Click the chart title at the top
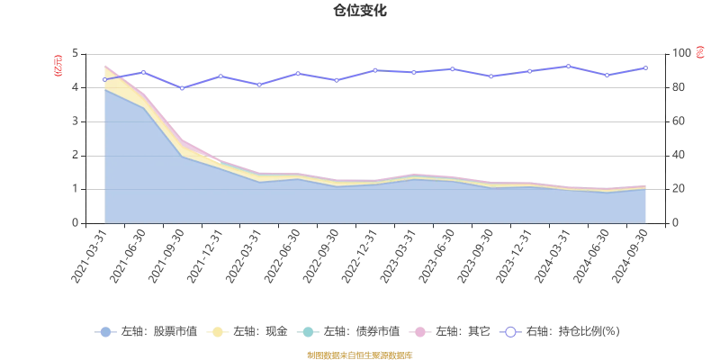[361, 11]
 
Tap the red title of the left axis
[58, 65]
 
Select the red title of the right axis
[700, 52]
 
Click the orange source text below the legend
[360, 355]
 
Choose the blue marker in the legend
[105, 331]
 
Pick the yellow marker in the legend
[217, 331]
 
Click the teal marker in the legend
[309, 331]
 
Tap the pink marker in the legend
[420, 331]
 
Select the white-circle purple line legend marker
[510, 331]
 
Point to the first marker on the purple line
[104, 79]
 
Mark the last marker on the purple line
[644, 67]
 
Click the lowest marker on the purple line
[182, 89]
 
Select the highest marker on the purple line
[568, 64]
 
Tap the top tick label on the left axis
[76, 52]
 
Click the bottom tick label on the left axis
[76, 221]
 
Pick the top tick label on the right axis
[681, 52]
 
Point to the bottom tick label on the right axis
[676, 221]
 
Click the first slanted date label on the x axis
[90, 256]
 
